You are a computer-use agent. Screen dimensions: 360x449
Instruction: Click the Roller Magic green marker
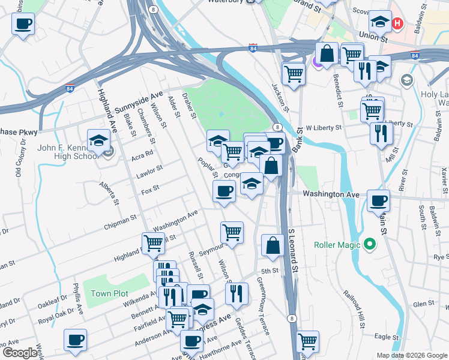[x=370, y=244]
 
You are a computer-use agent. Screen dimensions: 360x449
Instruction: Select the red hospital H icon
[x=397, y=24]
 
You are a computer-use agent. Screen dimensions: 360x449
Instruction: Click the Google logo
[x=20, y=353]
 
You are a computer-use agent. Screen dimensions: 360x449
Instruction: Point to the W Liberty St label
[x=324, y=128]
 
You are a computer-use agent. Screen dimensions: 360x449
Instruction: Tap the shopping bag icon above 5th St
[x=273, y=245]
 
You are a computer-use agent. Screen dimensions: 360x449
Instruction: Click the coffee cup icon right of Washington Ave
[x=378, y=201]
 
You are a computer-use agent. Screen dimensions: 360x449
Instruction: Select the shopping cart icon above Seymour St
[x=232, y=232]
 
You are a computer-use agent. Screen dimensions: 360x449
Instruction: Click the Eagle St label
[x=387, y=337]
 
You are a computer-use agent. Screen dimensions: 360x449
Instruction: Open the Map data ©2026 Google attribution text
[x=411, y=355]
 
